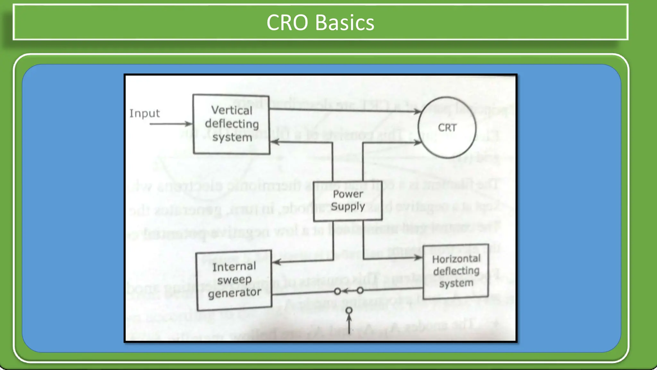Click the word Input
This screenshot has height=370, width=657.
(x=144, y=113)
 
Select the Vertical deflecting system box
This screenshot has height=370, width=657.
(x=231, y=124)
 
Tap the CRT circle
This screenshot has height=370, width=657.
(x=447, y=128)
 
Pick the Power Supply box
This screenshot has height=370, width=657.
(x=348, y=200)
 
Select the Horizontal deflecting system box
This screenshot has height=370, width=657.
(x=456, y=271)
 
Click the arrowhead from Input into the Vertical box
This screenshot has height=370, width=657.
(x=189, y=124)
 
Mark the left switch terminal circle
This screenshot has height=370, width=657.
(x=337, y=291)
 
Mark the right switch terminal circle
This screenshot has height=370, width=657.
(x=360, y=291)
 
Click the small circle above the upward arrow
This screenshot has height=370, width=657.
(x=349, y=311)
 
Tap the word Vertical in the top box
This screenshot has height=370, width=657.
(x=232, y=110)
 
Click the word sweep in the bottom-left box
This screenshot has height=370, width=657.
(x=234, y=280)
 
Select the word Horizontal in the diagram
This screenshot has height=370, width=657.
(x=456, y=259)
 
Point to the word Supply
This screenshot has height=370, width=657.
(x=348, y=207)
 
